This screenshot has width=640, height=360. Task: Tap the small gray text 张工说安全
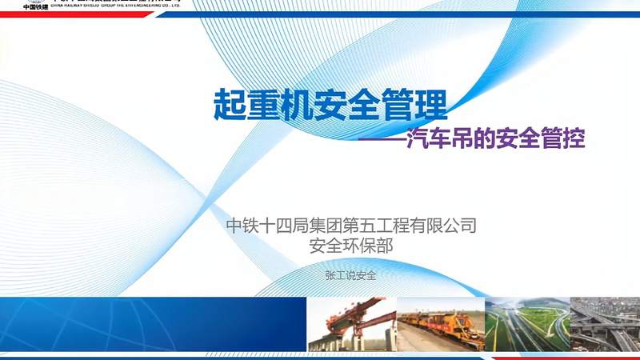tap(350, 275)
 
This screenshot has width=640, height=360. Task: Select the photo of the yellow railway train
tap(439, 325)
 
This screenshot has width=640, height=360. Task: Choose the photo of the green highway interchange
tap(526, 325)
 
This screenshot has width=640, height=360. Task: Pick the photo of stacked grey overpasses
tap(605, 325)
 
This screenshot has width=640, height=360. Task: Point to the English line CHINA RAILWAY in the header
tap(120, 5)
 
